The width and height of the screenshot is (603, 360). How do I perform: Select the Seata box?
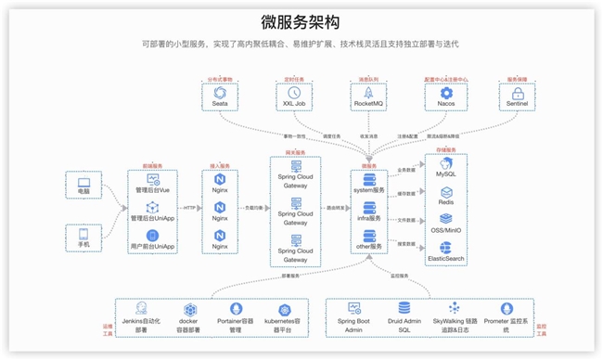click(x=220, y=96)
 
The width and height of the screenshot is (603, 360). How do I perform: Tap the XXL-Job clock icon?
click(x=294, y=92)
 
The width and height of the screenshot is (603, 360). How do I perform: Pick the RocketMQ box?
click(x=368, y=96)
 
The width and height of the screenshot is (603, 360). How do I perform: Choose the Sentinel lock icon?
click(x=518, y=93)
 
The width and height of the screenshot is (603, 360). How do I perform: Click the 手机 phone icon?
click(x=84, y=237)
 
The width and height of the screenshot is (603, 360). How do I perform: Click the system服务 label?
click(x=369, y=190)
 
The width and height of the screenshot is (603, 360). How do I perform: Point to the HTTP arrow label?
click(x=191, y=208)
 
